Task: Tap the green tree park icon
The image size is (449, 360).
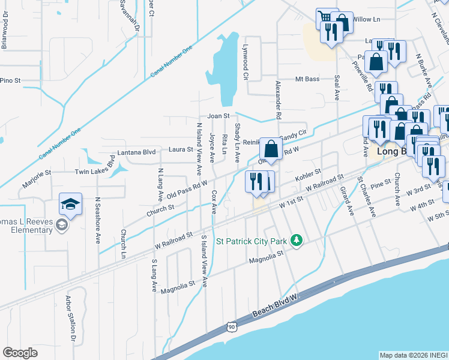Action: tap(295, 241)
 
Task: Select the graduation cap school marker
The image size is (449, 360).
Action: tap(70, 205)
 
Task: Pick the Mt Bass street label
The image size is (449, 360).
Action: tap(307, 79)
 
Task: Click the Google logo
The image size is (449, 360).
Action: tap(20, 353)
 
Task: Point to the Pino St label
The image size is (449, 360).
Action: tap(10, 80)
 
